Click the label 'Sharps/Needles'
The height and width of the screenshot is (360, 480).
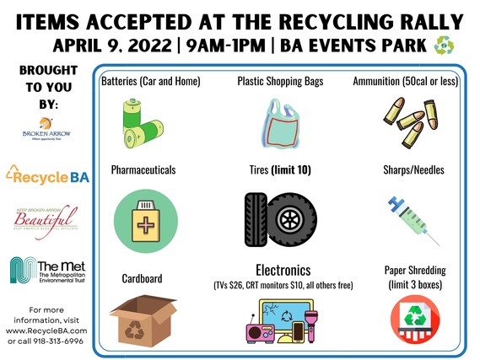pos(413,169)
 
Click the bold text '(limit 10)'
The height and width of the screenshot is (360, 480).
pos(290,169)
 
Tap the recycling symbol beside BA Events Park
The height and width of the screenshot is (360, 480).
pos(445,45)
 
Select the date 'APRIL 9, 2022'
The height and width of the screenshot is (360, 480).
pos(114,45)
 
